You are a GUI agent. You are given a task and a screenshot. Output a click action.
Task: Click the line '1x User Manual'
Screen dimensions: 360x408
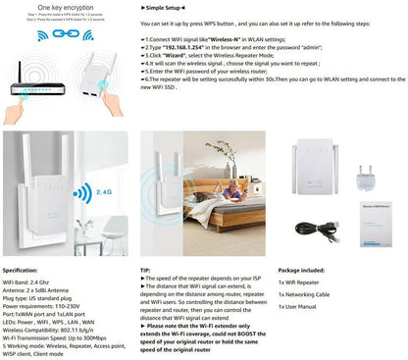click(x=300, y=307)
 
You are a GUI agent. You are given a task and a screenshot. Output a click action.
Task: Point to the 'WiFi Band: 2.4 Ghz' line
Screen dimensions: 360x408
click(x=34, y=283)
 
